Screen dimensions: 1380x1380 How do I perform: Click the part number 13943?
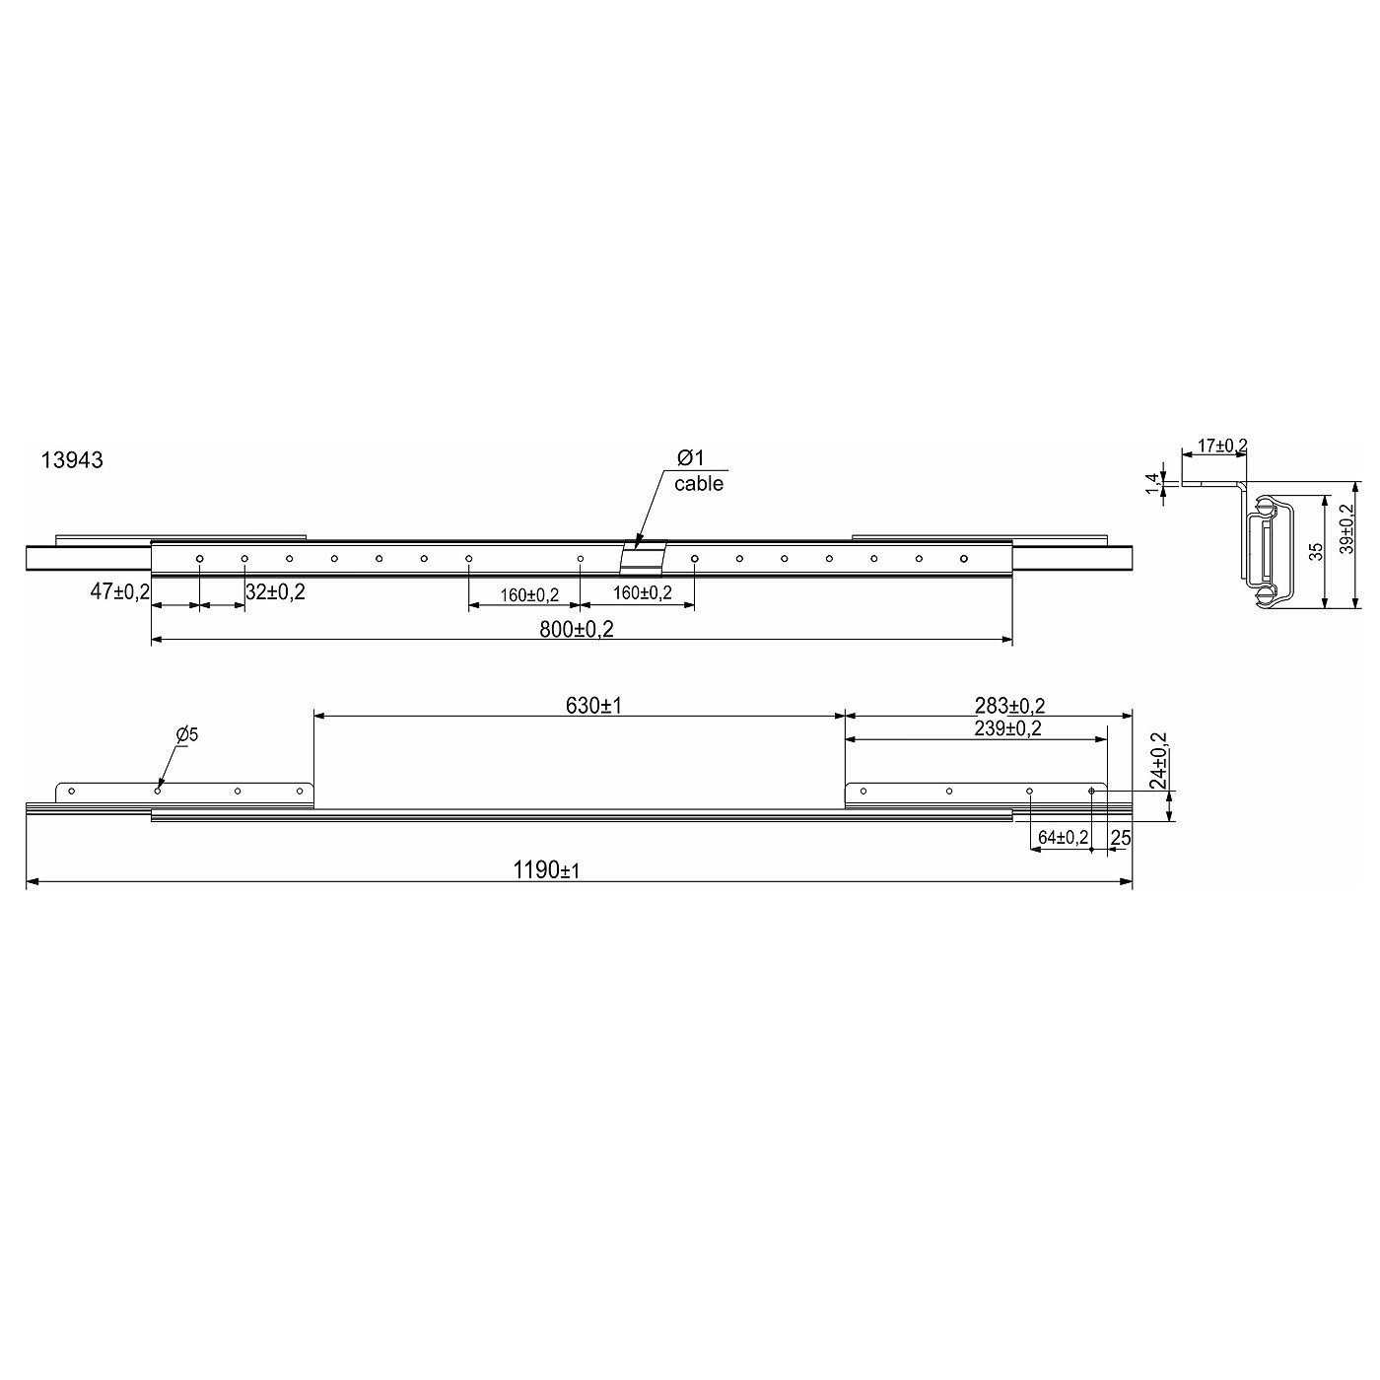[72, 459]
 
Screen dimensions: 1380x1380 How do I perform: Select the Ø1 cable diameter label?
[690, 457]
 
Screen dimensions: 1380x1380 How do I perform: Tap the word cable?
[698, 483]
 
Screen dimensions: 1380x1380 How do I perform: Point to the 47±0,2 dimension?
[119, 591]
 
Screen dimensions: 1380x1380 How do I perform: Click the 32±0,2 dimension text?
[275, 591]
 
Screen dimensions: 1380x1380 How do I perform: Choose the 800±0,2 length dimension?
[577, 629]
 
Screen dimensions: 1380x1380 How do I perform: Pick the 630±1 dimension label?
[593, 706]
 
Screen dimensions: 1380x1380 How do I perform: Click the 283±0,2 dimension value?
[1009, 706]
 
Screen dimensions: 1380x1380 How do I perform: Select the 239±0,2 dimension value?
[1007, 729]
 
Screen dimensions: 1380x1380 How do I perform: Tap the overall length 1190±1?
[546, 870]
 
